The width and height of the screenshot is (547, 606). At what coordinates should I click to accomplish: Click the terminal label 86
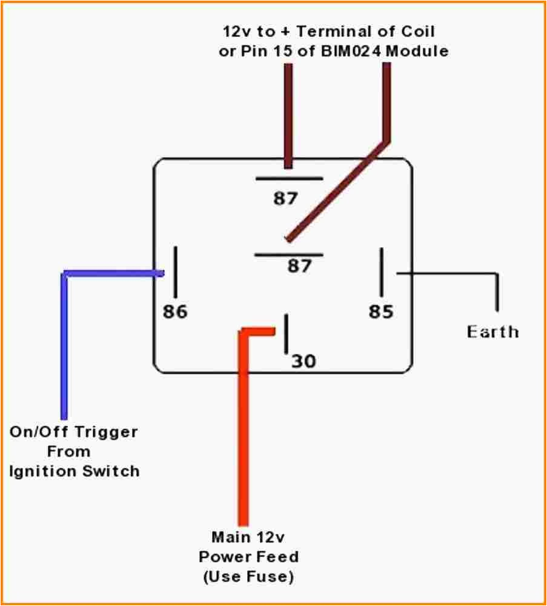[175, 311]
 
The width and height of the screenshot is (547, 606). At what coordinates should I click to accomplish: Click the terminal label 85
[381, 311]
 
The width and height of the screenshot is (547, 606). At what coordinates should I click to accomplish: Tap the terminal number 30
[303, 361]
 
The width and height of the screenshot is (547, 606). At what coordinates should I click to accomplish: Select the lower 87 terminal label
[299, 265]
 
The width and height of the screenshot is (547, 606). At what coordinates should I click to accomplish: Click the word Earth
[492, 332]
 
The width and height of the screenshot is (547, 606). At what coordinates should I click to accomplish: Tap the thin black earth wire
[448, 274]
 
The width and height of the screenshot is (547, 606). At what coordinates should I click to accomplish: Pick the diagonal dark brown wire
[339, 188]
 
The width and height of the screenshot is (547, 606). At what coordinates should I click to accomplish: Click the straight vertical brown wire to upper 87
[288, 115]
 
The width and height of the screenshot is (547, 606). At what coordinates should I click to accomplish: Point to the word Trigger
[105, 433]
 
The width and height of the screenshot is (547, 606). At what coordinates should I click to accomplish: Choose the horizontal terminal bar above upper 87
[288, 179]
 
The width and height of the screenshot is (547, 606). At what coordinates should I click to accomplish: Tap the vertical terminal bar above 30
[285, 333]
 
